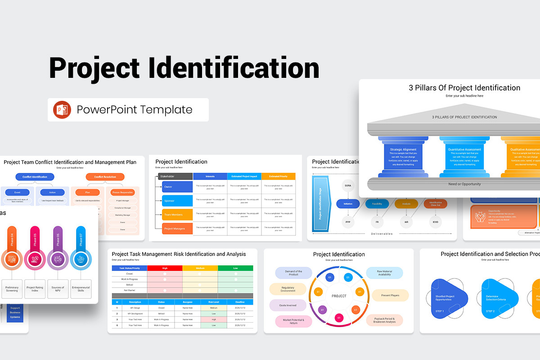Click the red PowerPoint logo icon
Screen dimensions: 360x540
click(62, 110)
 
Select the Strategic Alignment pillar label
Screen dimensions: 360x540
click(403, 149)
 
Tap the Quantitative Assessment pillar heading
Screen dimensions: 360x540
click(464, 149)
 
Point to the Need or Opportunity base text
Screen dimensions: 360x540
click(464, 184)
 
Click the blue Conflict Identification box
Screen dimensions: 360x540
click(35, 177)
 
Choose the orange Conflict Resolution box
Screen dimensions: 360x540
click(104, 177)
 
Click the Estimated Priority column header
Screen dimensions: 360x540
click(278, 176)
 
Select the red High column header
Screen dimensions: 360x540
click(165, 268)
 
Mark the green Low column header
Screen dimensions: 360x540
click(235, 268)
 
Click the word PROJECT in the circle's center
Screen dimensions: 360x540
click(339, 296)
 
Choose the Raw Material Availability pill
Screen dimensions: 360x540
click(384, 273)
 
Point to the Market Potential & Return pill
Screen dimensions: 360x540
click(293, 321)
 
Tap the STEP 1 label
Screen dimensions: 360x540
click(440, 311)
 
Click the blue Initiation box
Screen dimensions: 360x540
click(348, 204)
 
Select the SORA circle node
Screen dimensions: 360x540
click(348, 185)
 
